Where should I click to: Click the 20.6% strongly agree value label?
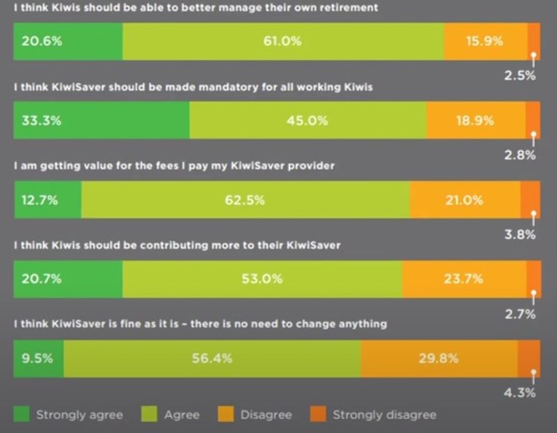click(42, 41)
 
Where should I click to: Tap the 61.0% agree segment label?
click(282, 41)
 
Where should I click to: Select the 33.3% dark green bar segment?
click(102, 120)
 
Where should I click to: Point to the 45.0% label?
click(307, 120)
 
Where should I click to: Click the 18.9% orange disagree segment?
click(476, 120)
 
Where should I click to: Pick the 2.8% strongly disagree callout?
click(520, 155)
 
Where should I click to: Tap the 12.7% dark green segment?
click(47, 200)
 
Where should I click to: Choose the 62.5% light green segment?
click(245, 200)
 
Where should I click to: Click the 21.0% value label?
click(464, 200)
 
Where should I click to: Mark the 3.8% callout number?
click(520, 235)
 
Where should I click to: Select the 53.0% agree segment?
click(262, 279)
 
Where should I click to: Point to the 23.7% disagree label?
click(463, 279)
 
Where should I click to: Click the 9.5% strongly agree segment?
click(38, 359)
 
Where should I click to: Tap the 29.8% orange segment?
click(439, 359)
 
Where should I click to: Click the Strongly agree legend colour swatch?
click(22, 415)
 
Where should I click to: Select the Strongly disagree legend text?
click(384, 415)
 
